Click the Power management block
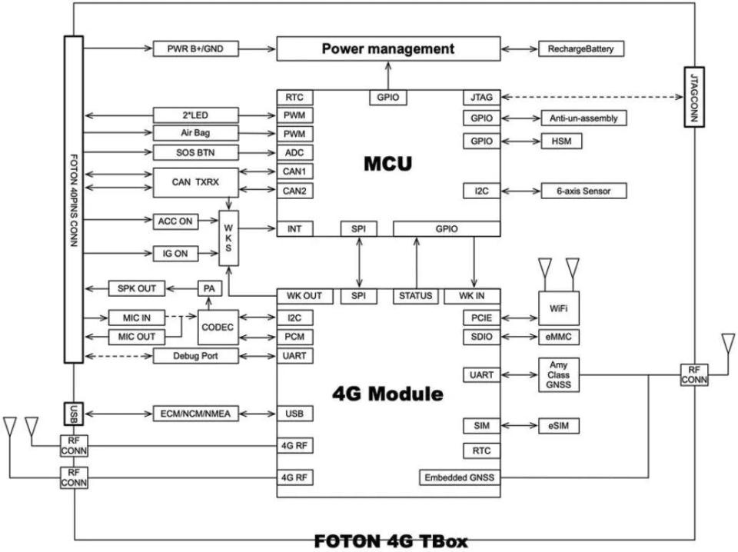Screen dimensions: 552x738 [387, 49]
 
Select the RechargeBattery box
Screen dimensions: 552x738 [580, 49]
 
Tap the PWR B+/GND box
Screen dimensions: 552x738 [196, 49]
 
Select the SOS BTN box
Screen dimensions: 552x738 [196, 153]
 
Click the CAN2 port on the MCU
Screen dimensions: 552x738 [295, 190]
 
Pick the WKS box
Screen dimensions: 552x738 [228, 238]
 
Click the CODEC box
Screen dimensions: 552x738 [218, 328]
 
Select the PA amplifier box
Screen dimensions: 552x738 [208, 288]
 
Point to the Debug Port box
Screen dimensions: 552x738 [196, 356]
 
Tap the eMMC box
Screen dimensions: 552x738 [559, 337]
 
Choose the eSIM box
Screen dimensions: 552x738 [559, 426]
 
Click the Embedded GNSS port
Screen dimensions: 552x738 [460, 477]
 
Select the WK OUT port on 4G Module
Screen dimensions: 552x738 [304, 296]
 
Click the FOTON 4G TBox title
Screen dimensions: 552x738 [390, 540]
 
